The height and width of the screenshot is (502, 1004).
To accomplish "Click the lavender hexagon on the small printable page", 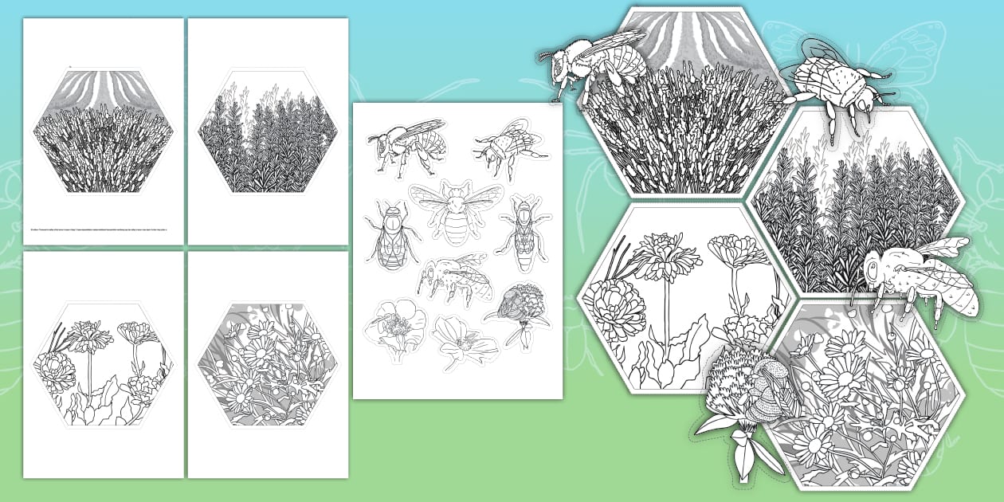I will pos(103,132).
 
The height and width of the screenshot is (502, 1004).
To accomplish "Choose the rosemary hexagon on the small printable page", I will pos(268,132).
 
